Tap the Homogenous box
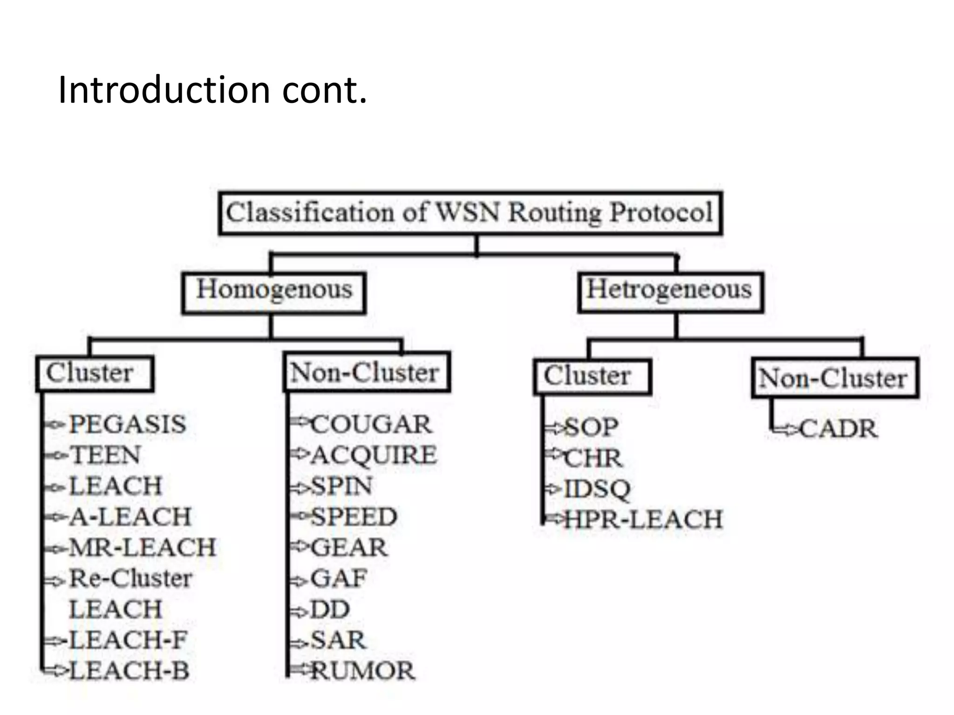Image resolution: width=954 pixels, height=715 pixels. tap(274, 292)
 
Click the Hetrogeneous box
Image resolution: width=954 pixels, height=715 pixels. tap(670, 292)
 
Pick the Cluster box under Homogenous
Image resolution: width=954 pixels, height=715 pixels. tap(94, 374)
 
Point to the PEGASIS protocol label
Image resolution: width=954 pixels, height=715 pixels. tap(127, 425)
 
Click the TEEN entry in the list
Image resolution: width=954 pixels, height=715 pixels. tap(105, 455)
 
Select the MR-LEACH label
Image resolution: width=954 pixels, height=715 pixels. tap(143, 547)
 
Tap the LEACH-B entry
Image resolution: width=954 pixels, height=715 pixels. tap(129, 671)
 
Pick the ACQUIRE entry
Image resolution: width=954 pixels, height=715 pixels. tap(374, 455)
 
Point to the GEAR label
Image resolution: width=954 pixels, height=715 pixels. tap(349, 547)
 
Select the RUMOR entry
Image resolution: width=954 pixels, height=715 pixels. tap(362, 671)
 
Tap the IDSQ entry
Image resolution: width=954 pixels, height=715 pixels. tap(597, 489)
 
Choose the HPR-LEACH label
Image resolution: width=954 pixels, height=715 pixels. tap(643, 519)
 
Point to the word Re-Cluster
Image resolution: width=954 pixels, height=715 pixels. tap(130, 579)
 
